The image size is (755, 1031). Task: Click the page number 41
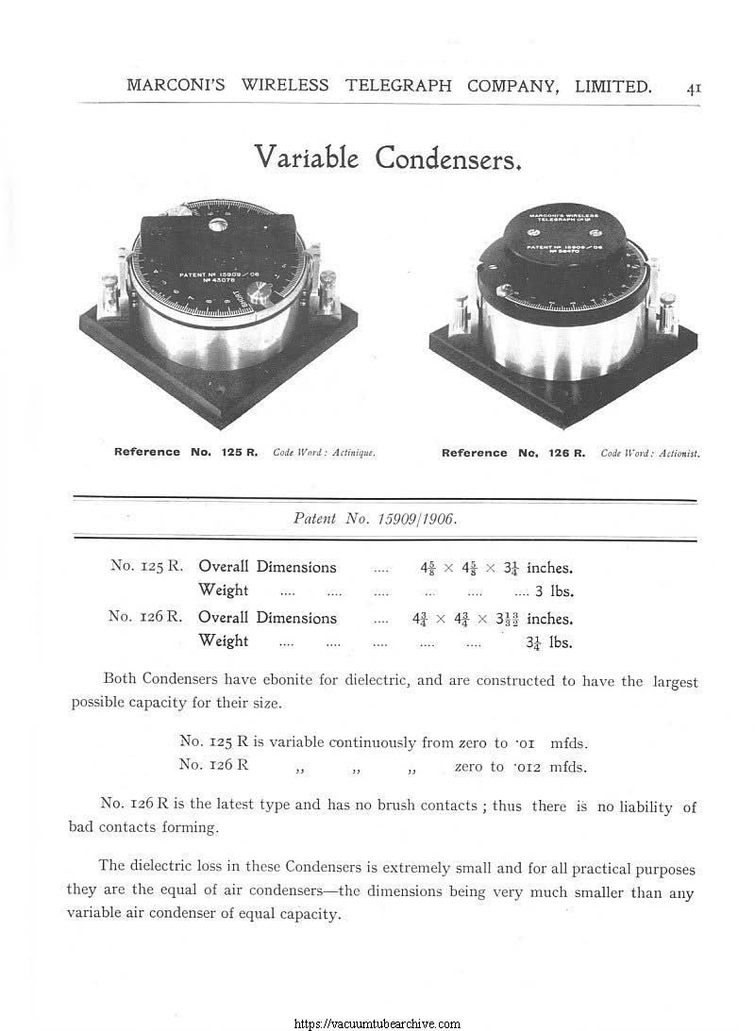(x=693, y=88)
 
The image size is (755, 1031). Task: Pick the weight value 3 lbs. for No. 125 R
(x=555, y=592)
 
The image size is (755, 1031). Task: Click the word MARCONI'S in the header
(x=178, y=87)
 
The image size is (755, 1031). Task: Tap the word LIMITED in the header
(x=611, y=87)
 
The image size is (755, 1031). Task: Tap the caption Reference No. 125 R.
(x=186, y=453)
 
